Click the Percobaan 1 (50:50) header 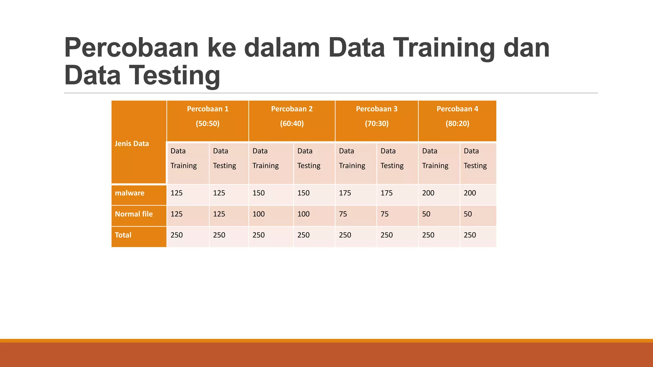(x=208, y=116)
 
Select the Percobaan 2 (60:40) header (x=292, y=116)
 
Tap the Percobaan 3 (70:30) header (x=377, y=116)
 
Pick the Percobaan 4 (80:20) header (x=457, y=116)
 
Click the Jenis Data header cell (x=132, y=144)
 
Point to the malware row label (x=130, y=193)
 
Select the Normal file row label (x=134, y=214)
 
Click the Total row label (x=123, y=235)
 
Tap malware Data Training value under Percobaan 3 (x=345, y=193)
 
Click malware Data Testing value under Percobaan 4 (x=470, y=193)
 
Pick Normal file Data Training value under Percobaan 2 (x=259, y=214)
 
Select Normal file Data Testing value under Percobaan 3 (x=385, y=214)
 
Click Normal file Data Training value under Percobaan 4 (x=426, y=214)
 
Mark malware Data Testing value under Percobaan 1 (x=219, y=193)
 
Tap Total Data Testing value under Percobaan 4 (x=470, y=235)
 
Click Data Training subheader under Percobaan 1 (x=184, y=158)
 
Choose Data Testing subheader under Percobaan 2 (x=309, y=158)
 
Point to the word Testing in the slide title (x=175, y=76)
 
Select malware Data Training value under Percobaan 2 (x=259, y=193)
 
